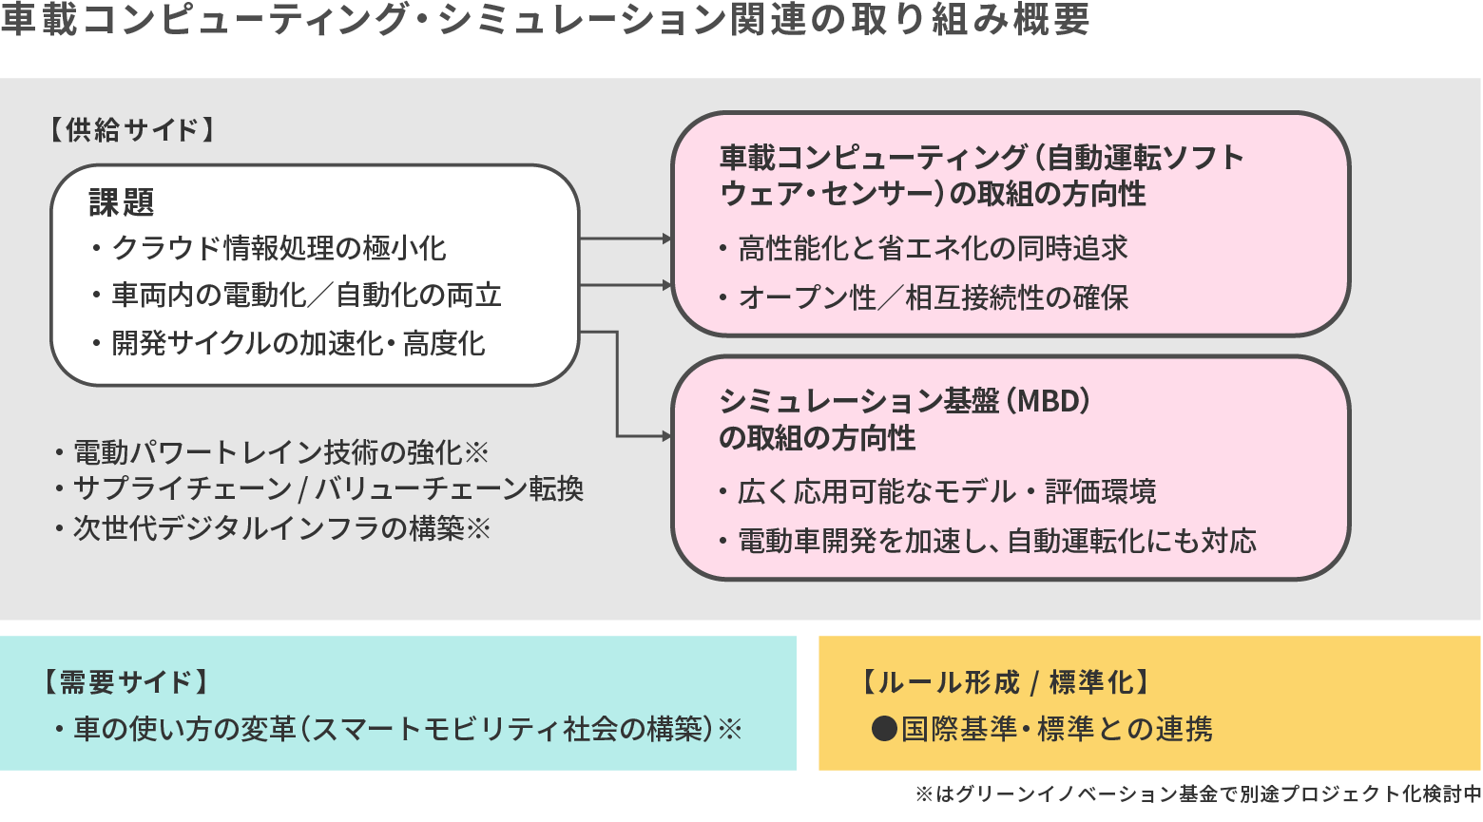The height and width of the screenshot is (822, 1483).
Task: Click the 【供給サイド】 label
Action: (x=132, y=130)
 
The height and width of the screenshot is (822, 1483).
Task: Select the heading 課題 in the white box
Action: (x=122, y=202)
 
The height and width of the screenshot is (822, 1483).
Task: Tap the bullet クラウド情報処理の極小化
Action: (x=279, y=249)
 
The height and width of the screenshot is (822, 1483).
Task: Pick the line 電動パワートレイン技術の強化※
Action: (x=280, y=452)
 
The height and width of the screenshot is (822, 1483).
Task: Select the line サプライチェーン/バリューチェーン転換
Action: (x=328, y=489)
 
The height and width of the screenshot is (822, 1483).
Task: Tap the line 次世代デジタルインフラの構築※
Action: (x=281, y=528)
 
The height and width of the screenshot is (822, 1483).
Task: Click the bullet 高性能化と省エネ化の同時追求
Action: (x=933, y=249)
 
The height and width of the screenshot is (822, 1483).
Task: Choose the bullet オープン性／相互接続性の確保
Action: (x=933, y=298)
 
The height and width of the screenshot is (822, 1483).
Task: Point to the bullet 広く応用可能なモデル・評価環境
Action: (x=947, y=492)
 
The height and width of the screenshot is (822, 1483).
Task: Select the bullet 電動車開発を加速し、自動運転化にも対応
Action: (x=997, y=542)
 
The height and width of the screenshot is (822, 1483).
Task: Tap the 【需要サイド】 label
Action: (x=125, y=682)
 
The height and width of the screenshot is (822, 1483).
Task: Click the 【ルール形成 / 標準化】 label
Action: (x=1005, y=682)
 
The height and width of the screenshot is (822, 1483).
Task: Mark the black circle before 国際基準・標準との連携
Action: (x=884, y=729)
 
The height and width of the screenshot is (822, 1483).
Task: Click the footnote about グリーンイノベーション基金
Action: (x=1198, y=794)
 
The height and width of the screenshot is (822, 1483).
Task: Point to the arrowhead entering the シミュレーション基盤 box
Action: (x=666, y=436)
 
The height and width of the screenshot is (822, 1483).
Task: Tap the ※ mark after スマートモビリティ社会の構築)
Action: (x=730, y=730)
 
